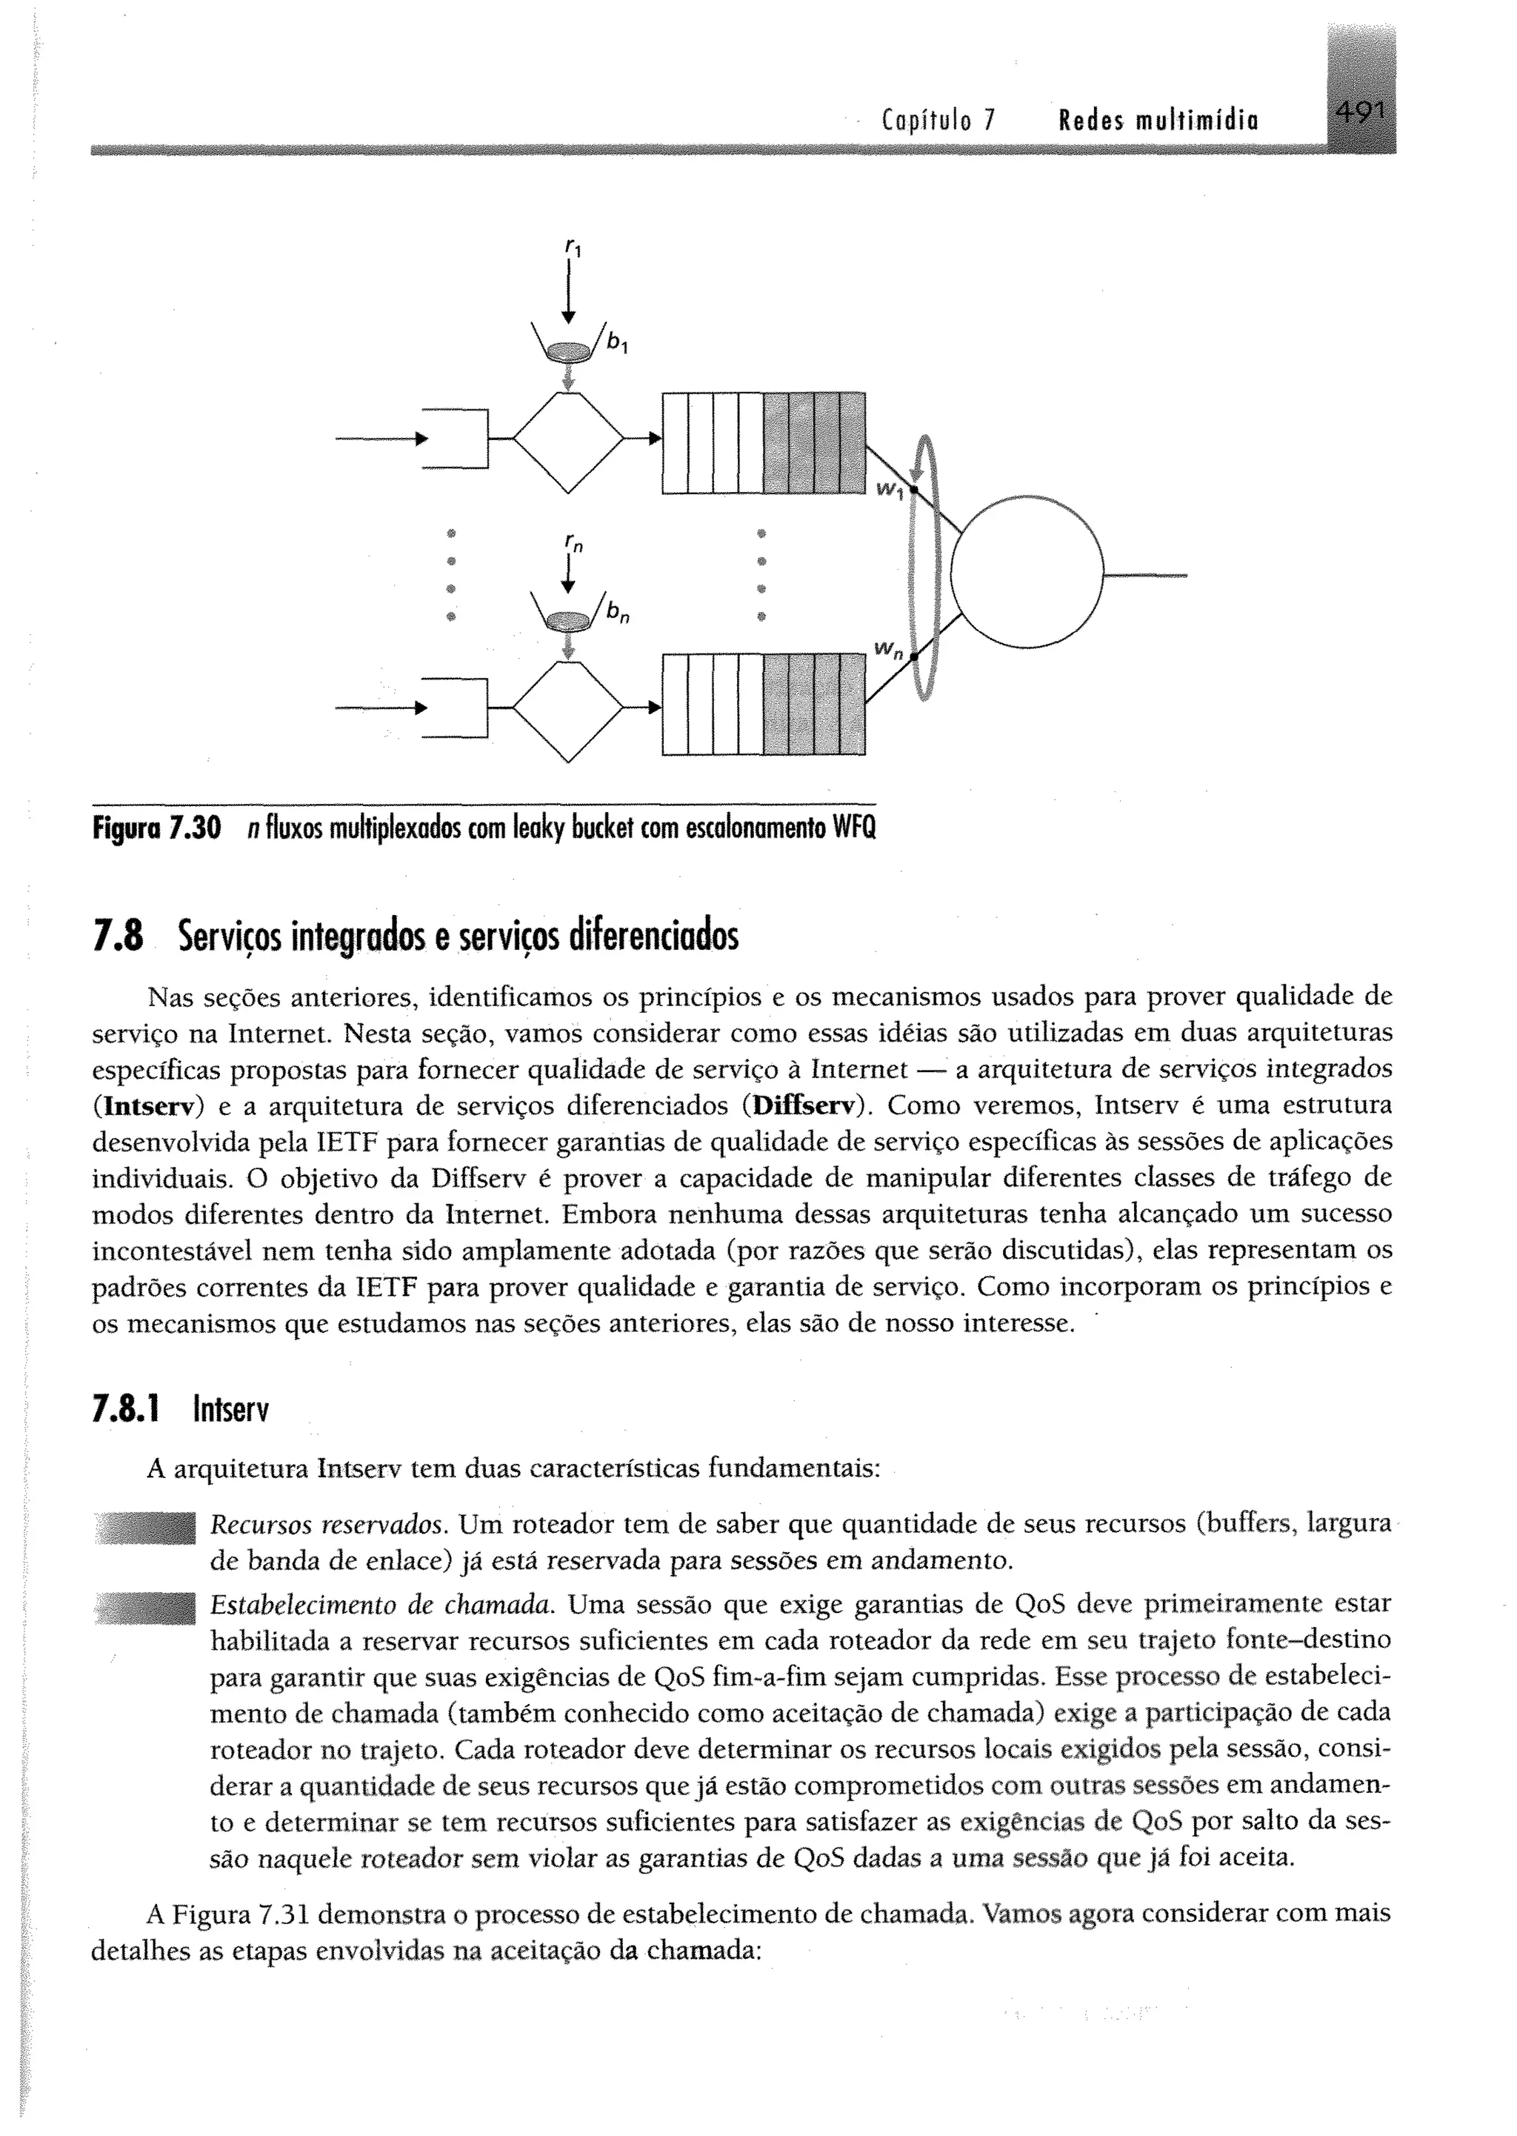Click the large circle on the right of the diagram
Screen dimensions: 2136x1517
pyautogui.click(x=1027, y=571)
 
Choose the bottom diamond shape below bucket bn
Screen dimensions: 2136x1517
pyautogui.click(x=568, y=710)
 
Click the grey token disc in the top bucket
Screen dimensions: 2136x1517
pyautogui.click(x=568, y=351)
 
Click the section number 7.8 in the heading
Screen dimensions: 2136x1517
pyautogui.click(x=118, y=936)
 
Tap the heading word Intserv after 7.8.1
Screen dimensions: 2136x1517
pyautogui.click(x=230, y=1409)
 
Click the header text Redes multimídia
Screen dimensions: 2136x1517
pyautogui.click(x=1158, y=121)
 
